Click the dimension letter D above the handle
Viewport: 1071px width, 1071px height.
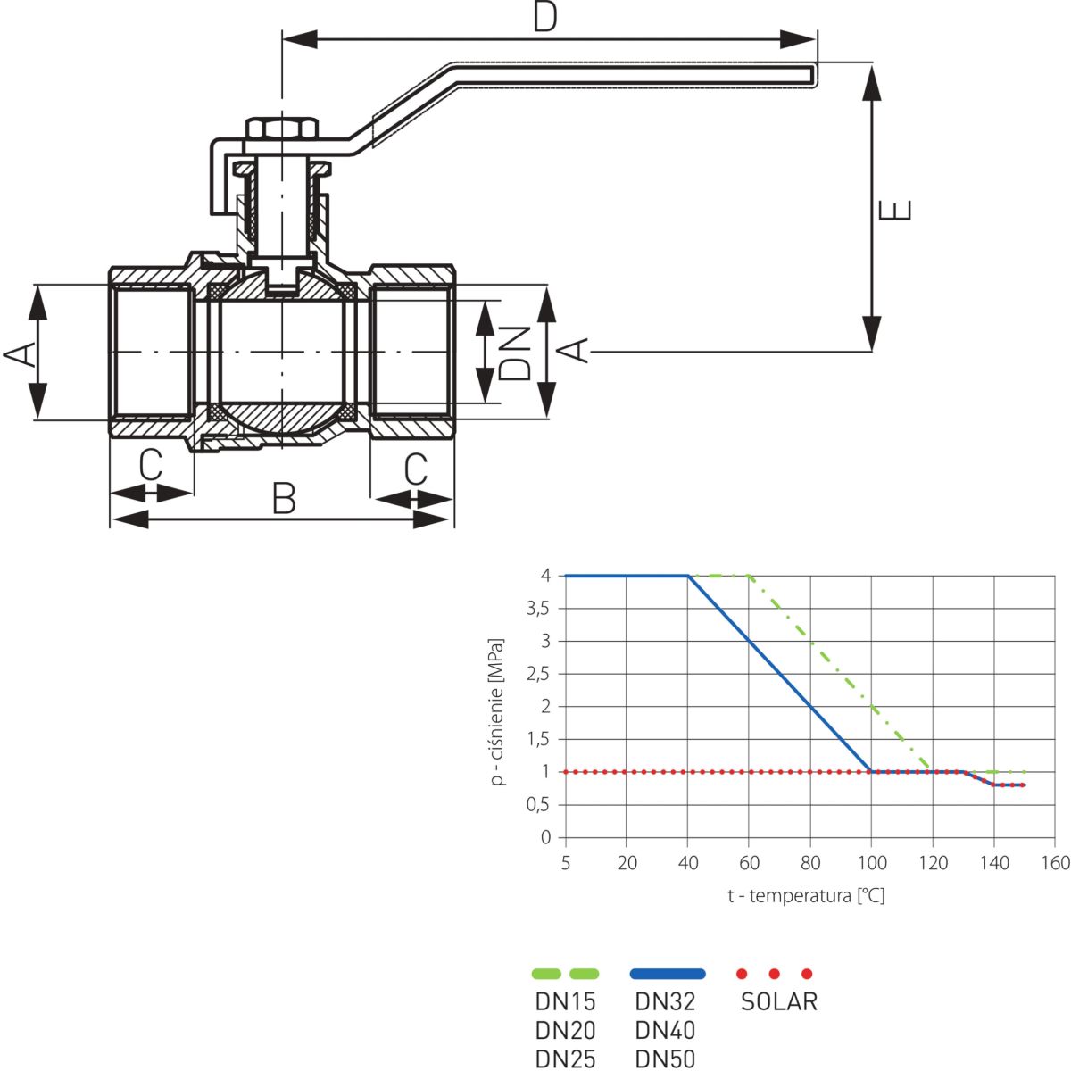[x=545, y=18]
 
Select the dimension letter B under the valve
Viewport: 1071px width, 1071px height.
[x=284, y=498]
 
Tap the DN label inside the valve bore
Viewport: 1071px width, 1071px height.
[x=515, y=352]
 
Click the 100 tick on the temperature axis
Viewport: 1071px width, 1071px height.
[x=872, y=863]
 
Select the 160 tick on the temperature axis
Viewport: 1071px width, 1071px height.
[x=1055, y=863]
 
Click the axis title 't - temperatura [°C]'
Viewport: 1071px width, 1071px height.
[x=806, y=895]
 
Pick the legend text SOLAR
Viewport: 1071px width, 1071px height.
[x=778, y=1001]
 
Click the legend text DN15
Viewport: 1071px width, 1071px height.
[x=565, y=1001]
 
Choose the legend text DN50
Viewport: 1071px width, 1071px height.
[x=665, y=1059]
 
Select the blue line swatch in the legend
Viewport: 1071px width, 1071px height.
[x=667, y=973]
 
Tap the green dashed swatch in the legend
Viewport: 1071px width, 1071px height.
[x=565, y=973]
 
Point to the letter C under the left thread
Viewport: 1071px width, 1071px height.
[x=151, y=466]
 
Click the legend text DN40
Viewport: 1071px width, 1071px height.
[x=665, y=1030]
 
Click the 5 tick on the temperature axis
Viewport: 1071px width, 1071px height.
[x=566, y=863]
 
